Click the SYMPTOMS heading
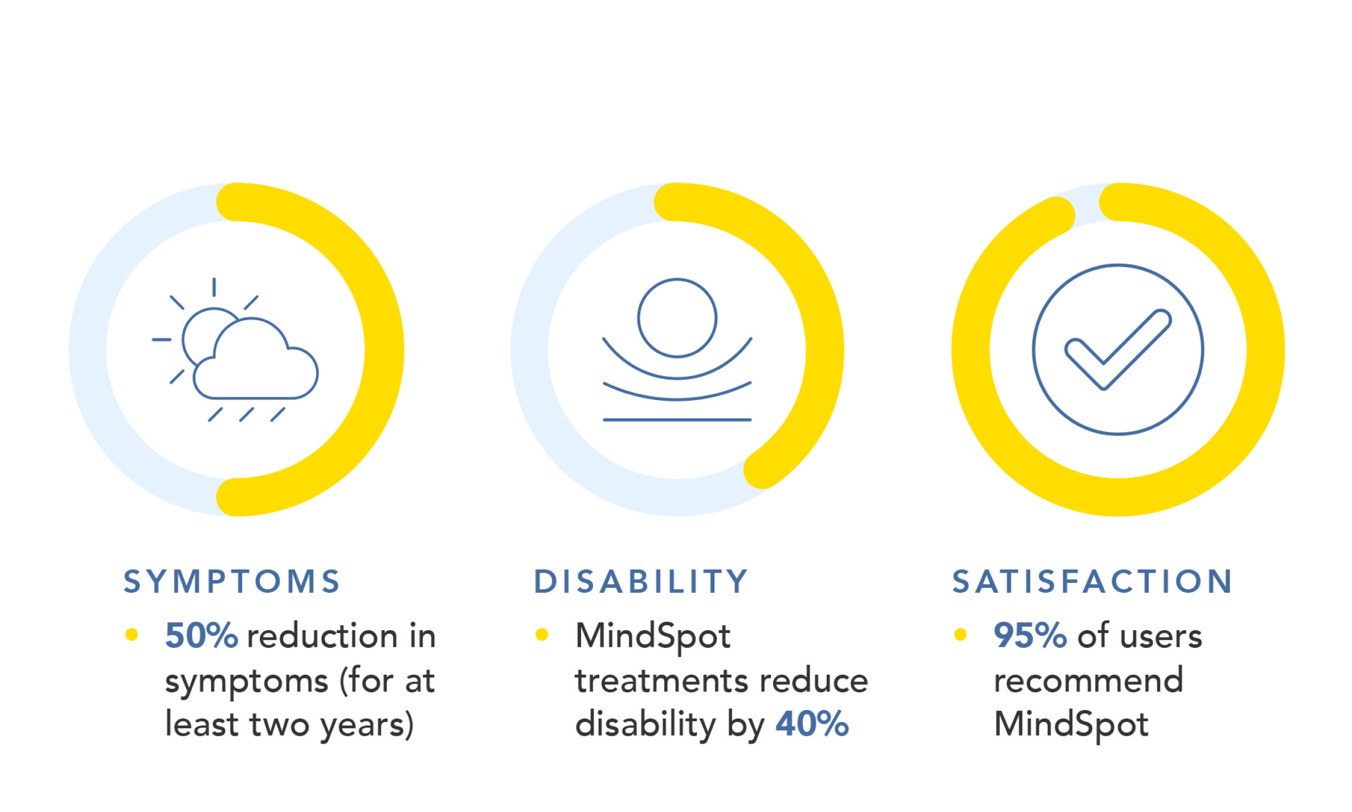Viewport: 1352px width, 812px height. click(232, 582)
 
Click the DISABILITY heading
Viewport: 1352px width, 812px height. click(641, 582)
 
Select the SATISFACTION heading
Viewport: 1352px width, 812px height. click(1093, 582)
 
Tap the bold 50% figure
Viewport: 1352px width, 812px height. click(201, 635)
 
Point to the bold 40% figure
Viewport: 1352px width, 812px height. click(812, 724)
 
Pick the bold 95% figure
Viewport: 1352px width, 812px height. click(1030, 635)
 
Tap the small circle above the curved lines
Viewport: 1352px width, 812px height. click(677, 318)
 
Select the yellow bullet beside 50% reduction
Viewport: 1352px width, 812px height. click(132, 634)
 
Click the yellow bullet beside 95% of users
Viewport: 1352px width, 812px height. click(960, 634)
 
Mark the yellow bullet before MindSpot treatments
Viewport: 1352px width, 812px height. click(542, 634)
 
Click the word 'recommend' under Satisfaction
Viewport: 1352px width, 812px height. click(1088, 680)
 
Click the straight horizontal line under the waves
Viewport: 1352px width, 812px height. click(677, 420)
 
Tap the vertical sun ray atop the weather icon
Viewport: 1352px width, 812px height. click(214, 287)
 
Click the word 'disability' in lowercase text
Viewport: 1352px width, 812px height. click(645, 724)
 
